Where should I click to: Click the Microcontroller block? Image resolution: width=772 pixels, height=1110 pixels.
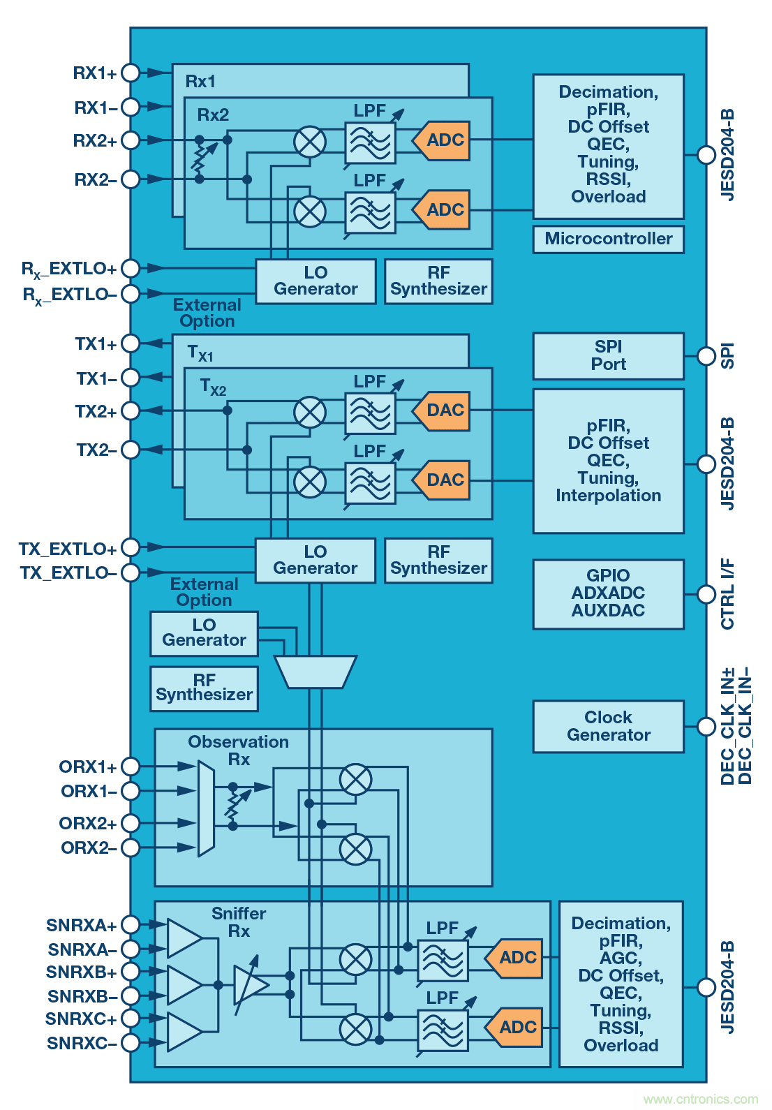tap(608, 239)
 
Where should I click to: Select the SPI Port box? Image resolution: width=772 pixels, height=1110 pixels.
tap(608, 355)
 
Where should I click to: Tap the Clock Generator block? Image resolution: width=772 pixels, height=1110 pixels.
tap(608, 726)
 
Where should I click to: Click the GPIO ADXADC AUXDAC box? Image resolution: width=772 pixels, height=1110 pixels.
tap(608, 593)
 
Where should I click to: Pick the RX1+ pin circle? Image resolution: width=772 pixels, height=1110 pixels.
tap(130, 73)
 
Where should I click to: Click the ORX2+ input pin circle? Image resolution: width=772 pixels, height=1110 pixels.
tap(130, 823)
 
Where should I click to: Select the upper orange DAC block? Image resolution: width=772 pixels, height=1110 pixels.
tap(442, 410)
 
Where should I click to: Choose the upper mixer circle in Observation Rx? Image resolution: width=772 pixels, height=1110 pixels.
tap(355, 779)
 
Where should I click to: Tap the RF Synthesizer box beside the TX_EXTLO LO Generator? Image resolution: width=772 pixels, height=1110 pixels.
tap(438, 560)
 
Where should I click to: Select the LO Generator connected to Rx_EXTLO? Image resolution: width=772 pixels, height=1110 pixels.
tap(316, 281)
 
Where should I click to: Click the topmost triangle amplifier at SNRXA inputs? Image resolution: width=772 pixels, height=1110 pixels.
tap(183, 938)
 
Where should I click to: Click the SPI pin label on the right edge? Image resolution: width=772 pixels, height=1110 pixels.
tap(727, 355)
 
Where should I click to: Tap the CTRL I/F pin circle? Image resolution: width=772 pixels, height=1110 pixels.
tap(706, 594)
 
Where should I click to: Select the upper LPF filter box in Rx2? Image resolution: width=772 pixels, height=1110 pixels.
tap(370, 142)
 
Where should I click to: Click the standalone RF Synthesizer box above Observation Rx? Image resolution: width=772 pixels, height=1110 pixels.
tap(204, 688)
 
